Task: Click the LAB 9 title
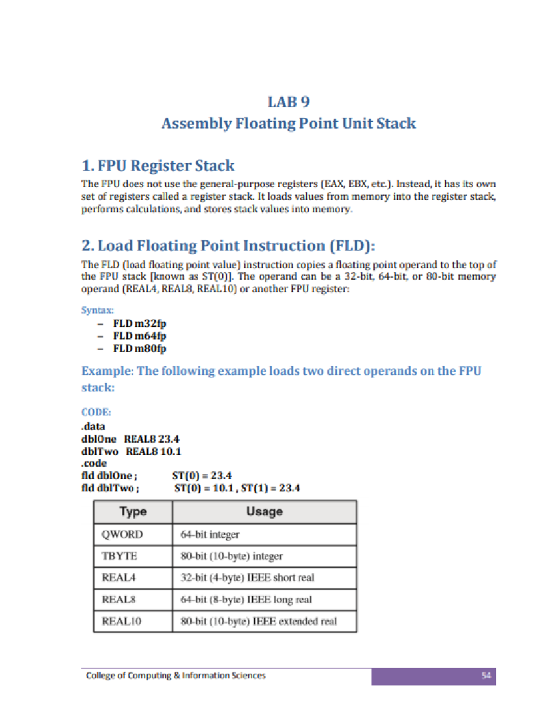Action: pos(289,102)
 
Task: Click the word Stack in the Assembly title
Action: pos(396,123)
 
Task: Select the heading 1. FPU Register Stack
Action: pos(158,166)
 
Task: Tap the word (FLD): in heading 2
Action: pos(352,246)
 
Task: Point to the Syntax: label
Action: pos(98,310)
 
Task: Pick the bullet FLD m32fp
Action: pos(139,324)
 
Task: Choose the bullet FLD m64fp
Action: pos(139,336)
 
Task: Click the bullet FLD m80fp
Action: pos(139,348)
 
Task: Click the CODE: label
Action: pos(96,412)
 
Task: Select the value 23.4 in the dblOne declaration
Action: pos(169,439)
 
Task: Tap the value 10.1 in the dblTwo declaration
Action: pos(171,451)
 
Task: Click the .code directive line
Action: pos(94,463)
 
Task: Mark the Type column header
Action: pos(133,511)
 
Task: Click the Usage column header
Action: pos(264,511)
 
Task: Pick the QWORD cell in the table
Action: pos(122,534)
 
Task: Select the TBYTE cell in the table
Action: pos(120,556)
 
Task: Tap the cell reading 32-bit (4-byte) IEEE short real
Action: pos(247,577)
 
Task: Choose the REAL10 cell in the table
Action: pos(121,621)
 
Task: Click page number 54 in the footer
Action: pos(486,675)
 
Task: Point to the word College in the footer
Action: pos(101,675)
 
